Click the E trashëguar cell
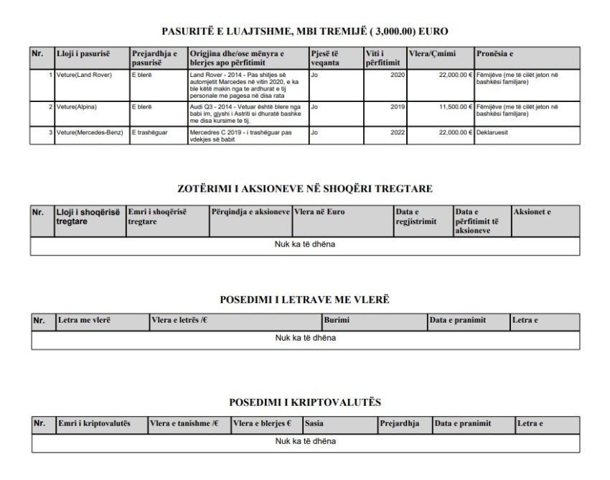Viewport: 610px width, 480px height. (x=147, y=132)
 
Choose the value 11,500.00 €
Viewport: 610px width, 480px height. (x=449, y=106)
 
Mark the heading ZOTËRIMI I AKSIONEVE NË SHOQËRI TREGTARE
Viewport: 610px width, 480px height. (x=304, y=189)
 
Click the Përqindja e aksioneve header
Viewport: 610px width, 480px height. (x=250, y=212)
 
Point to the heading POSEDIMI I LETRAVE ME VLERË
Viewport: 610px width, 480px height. (x=304, y=299)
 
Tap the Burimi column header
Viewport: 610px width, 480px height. (x=337, y=319)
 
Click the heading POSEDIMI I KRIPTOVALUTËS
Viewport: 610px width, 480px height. (x=304, y=403)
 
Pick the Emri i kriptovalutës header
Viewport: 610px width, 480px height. (x=94, y=423)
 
